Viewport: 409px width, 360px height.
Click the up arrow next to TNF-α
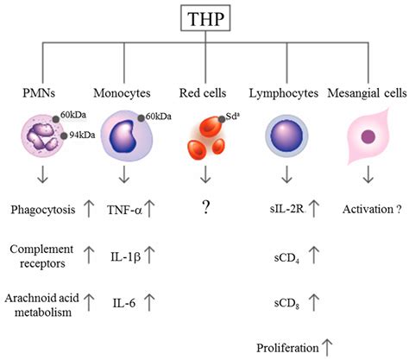[x=152, y=210]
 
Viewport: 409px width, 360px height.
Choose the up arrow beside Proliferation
[x=328, y=347]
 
